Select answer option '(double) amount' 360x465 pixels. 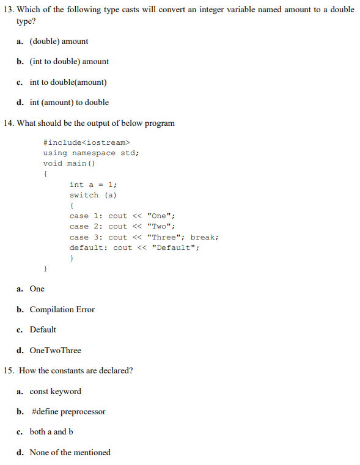tap(59, 41)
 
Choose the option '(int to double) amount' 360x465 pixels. tap(69, 61)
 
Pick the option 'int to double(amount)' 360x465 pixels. tap(68, 82)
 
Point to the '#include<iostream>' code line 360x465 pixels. tap(83, 142)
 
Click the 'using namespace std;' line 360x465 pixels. tap(91, 153)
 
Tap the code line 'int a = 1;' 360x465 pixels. tap(94, 185)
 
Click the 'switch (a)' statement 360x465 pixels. tap(93, 195)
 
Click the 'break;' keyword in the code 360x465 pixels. tap(204, 237)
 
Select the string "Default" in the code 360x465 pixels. tap(175, 247)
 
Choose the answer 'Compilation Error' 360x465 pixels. tap(62, 309)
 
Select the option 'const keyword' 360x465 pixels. tap(55, 391)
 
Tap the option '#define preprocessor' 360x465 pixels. tap(67, 411)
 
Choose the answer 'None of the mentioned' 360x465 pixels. tap(70, 452)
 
